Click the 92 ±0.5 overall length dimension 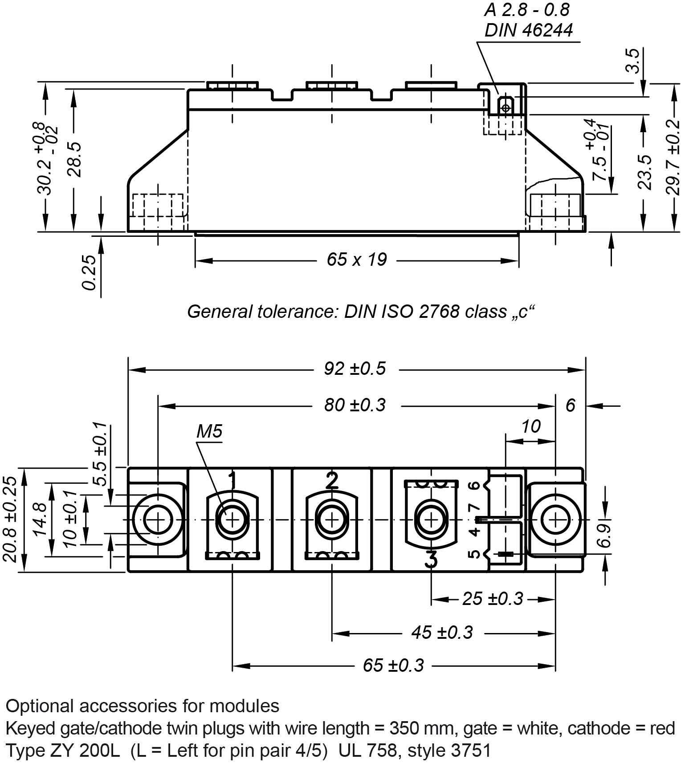click(355, 369)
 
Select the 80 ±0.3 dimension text click(355, 406)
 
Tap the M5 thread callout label click(209, 431)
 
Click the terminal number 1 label click(232, 480)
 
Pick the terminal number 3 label click(431, 559)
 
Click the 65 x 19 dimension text click(357, 260)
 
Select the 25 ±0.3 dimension click(492, 599)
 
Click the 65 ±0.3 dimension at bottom click(393, 666)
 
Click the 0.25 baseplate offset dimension click(90, 272)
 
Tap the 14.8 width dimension click(41, 519)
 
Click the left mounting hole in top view click(158, 519)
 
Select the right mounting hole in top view click(555, 519)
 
